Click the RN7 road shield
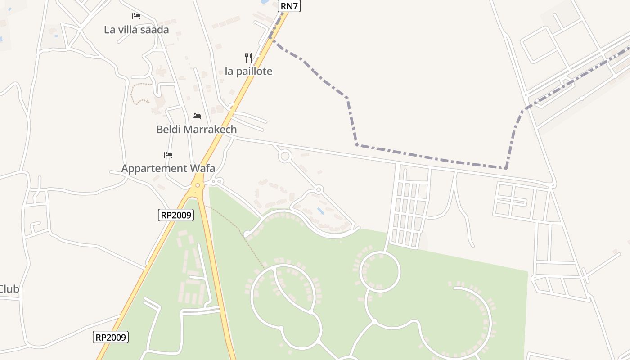pyautogui.click(x=289, y=6)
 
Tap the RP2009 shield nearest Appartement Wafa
pyautogui.click(x=176, y=215)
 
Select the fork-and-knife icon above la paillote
pyautogui.click(x=248, y=58)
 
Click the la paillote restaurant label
pyautogui.click(x=248, y=71)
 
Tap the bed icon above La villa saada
pyautogui.click(x=136, y=16)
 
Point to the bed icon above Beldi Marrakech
pyautogui.click(x=197, y=116)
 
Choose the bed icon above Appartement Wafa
pyautogui.click(x=168, y=155)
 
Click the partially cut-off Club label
pyautogui.click(x=9, y=289)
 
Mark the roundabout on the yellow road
pyautogui.click(x=198, y=185)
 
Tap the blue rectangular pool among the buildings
pyautogui.click(x=320, y=211)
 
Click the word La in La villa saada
pyautogui.click(x=109, y=30)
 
